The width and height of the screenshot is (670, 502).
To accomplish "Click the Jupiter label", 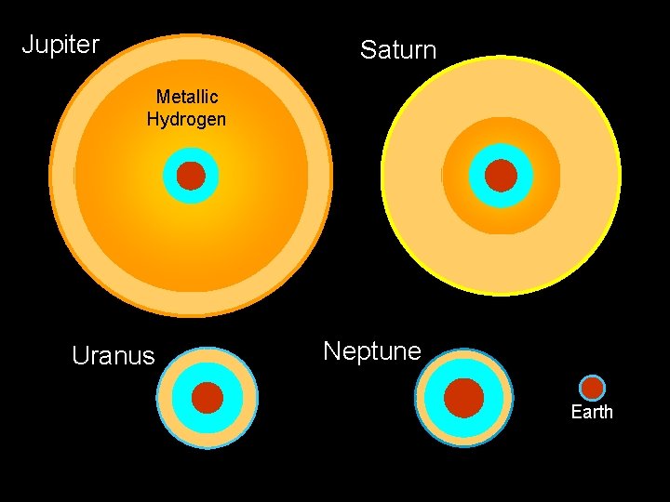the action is pyautogui.click(x=60, y=44).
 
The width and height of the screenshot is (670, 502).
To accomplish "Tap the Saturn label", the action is pyautogui.click(x=398, y=49).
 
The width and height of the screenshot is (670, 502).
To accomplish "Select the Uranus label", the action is pyautogui.click(x=114, y=356).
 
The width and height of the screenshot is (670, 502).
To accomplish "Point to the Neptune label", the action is pyautogui.click(x=372, y=350).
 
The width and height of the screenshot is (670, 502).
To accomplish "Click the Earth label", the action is pyautogui.click(x=592, y=412).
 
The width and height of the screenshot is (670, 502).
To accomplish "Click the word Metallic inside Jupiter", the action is pyautogui.click(x=186, y=97).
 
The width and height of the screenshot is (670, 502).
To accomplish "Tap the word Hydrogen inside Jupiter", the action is pyautogui.click(x=186, y=119).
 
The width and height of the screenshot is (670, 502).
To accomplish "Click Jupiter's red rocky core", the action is pyautogui.click(x=191, y=176).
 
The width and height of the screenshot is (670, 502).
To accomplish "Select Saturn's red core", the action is pyautogui.click(x=501, y=176).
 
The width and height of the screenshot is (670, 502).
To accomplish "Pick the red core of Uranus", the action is pyautogui.click(x=208, y=398).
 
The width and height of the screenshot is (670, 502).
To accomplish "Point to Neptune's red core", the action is pyautogui.click(x=463, y=398).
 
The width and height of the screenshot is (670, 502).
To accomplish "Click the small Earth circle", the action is pyautogui.click(x=592, y=388).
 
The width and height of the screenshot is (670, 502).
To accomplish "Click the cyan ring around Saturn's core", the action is pyautogui.click(x=478, y=176).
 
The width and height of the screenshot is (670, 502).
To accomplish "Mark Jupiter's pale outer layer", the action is pyautogui.click(x=64, y=176).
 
